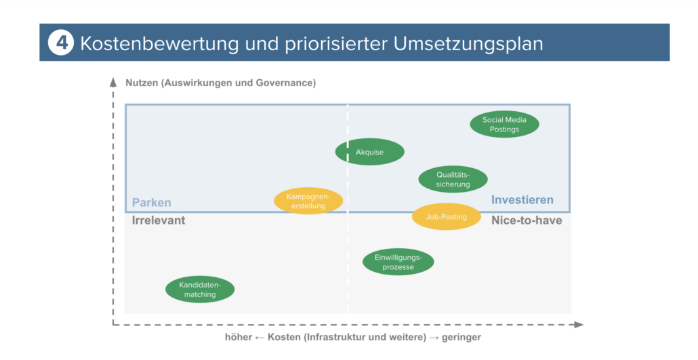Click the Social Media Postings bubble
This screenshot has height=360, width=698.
[504, 125]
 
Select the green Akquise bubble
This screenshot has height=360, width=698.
[370, 152]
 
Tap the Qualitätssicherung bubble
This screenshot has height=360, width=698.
[453, 180]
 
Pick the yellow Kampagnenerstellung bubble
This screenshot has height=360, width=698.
[308, 201]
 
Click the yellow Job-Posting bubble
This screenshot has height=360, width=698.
[446, 217]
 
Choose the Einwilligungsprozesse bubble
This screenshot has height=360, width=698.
[398, 262]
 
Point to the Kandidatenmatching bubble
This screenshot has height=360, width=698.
[200, 289]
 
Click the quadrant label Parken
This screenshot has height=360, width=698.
[151, 203]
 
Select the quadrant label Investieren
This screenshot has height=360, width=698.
[522, 200]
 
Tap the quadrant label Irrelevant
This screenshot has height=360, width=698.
[158, 220]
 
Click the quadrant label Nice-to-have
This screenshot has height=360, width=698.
[526, 220]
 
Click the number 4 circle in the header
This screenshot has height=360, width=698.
[60, 43]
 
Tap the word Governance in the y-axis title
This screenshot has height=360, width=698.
[285, 83]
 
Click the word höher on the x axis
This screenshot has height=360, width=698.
[239, 338]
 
